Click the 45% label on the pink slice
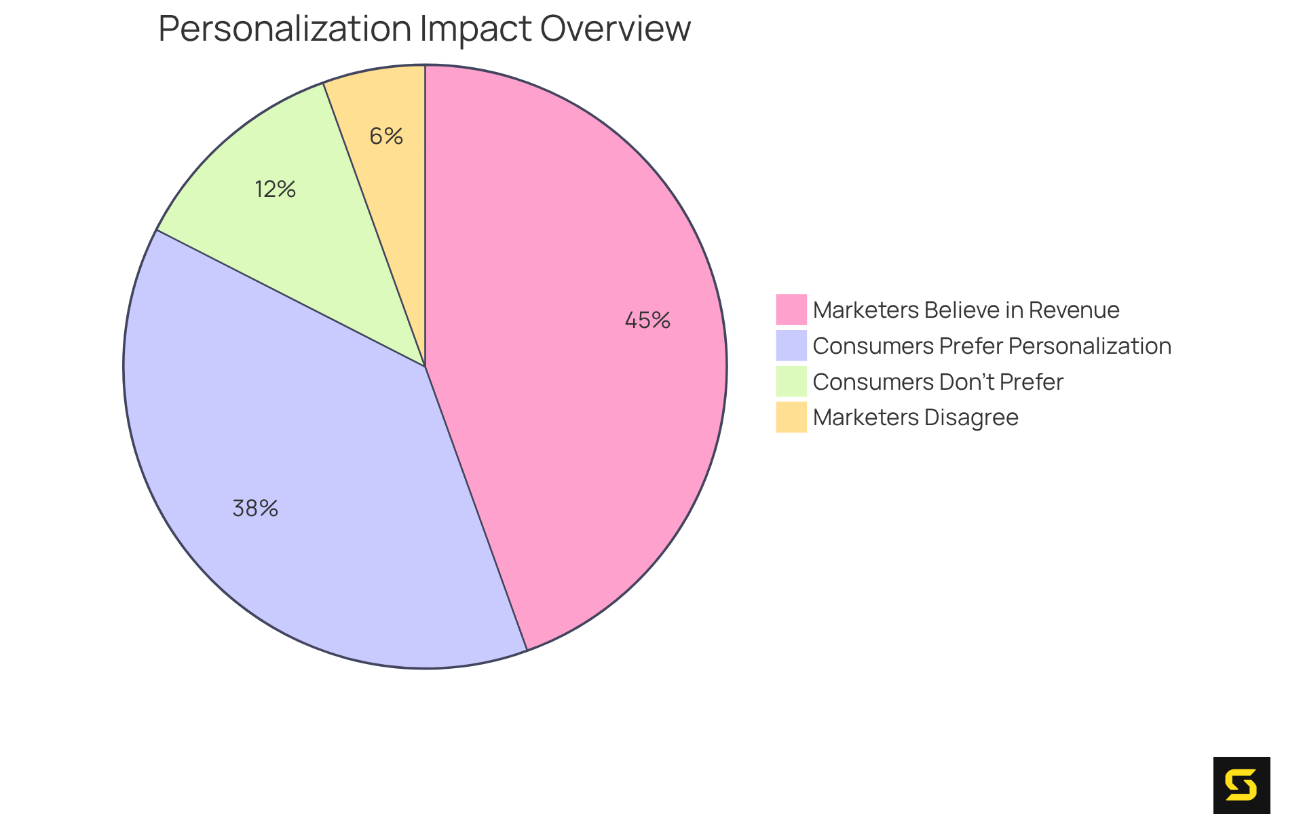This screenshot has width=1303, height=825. (x=647, y=320)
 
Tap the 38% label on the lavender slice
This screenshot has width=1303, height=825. (x=255, y=509)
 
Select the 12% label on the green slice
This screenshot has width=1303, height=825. (x=275, y=189)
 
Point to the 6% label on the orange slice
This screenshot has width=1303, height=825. (x=386, y=136)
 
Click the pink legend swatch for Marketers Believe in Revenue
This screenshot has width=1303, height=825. (x=791, y=310)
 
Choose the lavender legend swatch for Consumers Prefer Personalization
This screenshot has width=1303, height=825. (x=791, y=346)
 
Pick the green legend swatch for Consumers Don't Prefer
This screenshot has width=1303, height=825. (x=791, y=382)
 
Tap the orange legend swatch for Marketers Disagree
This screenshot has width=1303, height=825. (x=791, y=417)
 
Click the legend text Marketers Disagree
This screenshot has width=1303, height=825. (x=915, y=418)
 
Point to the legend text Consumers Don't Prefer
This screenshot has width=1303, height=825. (x=938, y=382)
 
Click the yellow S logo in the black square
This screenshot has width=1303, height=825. (x=1241, y=786)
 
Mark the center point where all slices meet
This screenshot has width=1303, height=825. (x=425, y=367)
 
